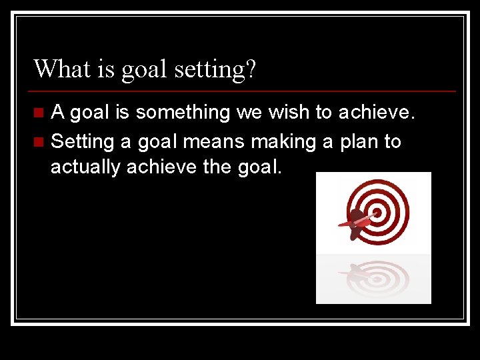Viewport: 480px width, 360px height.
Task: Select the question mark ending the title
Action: point(250,68)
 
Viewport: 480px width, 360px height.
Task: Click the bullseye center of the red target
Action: point(377,213)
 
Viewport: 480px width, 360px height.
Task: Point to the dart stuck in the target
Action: point(357,221)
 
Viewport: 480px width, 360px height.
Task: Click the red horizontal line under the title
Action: point(243,91)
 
